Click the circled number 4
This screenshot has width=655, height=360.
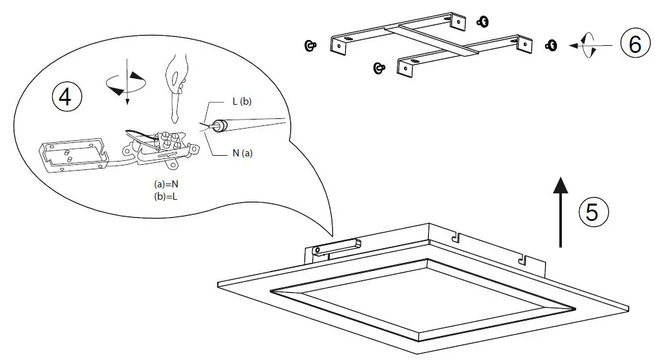click(65, 96)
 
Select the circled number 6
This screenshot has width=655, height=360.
click(635, 45)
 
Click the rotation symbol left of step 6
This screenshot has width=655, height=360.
click(588, 46)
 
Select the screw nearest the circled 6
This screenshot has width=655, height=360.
click(552, 45)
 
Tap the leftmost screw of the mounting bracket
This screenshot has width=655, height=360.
click(310, 45)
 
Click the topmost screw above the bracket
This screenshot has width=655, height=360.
click(481, 22)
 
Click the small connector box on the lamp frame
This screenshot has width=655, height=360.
click(336, 247)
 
